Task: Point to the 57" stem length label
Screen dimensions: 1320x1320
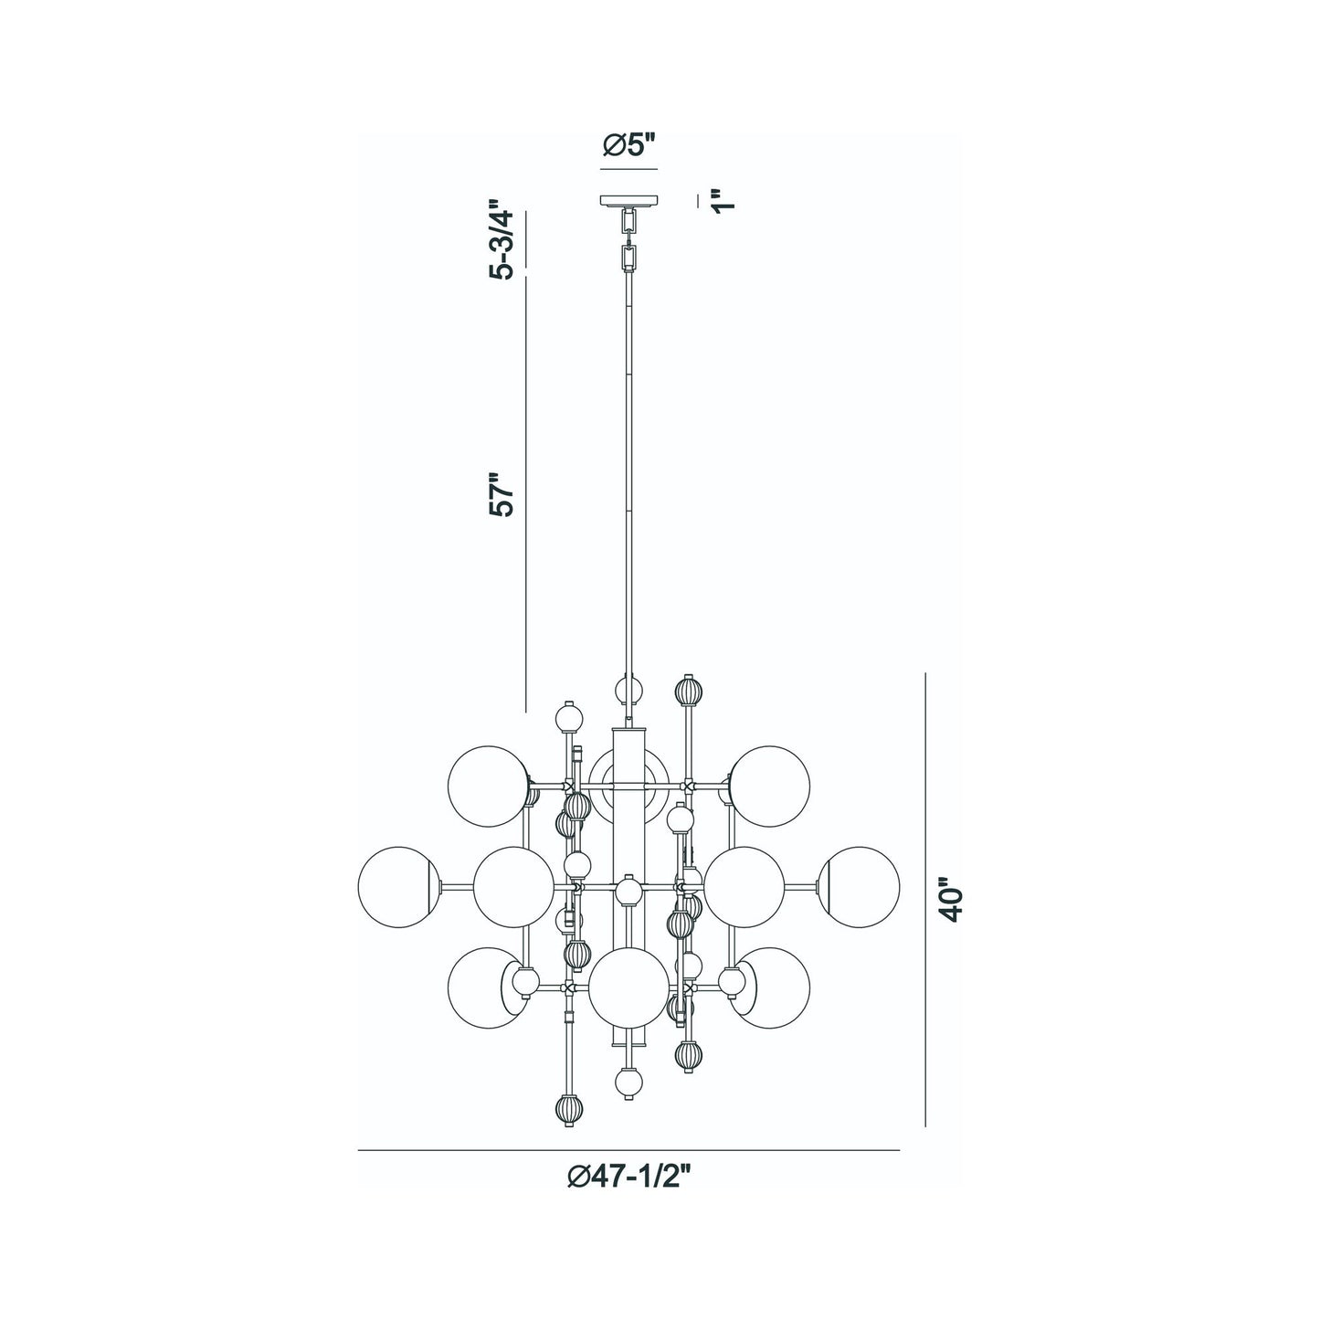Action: pyautogui.click(x=502, y=496)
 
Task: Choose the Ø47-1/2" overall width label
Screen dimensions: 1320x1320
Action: pyautogui.click(x=629, y=1178)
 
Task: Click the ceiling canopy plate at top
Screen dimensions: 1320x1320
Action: pyautogui.click(x=629, y=200)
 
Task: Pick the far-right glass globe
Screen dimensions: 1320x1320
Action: pyautogui.click(x=860, y=887)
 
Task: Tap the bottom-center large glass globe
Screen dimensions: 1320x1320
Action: pyautogui.click(x=628, y=989)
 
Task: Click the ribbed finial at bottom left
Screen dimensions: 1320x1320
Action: pyautogui.click(x=568, y=1110)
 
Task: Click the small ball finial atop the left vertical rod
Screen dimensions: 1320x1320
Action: pyautogui.click(x=570, y=717)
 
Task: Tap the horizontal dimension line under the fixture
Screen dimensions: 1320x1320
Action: pyautogui.click(x=629, y=1149)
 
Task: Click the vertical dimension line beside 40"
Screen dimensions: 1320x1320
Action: pyautogui.click(x=926, y=900)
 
